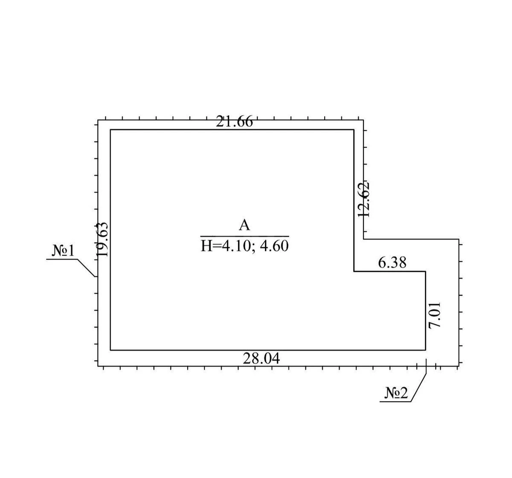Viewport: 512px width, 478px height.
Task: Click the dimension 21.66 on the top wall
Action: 234,121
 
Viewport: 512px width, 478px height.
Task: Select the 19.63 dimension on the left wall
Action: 102,239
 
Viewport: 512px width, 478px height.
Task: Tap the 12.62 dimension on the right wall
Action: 364,200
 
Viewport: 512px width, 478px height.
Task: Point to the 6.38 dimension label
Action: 392,262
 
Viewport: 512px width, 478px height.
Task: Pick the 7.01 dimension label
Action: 434,315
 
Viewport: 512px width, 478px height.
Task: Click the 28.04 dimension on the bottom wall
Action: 261,358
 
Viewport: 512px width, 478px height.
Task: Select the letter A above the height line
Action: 244,225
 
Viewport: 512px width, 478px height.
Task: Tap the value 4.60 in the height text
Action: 274,246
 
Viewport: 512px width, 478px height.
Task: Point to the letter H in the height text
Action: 206,246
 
